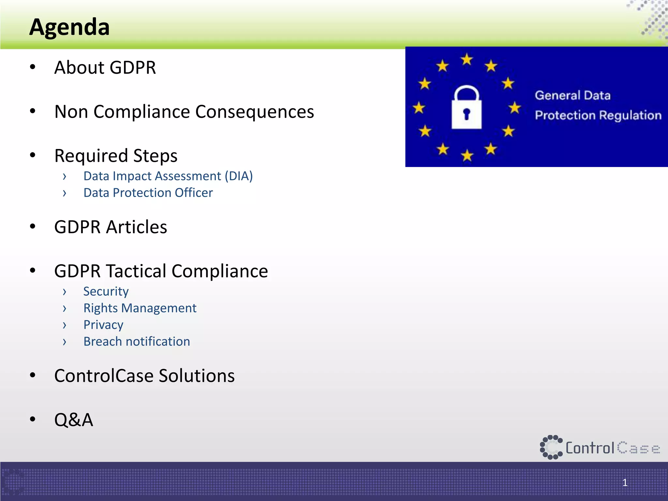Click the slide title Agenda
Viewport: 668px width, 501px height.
pyautogui.click(x=69, y=27)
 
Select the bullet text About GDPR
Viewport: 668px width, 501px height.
pyautogui.click(x=105, y=68)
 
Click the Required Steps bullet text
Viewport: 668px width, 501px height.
pyautogui.click(x=116, y=156)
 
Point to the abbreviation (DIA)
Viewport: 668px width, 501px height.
pyautogui.click(x=238, y=176)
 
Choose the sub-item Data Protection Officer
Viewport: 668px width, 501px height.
pyautogui.click(x=148, y=193)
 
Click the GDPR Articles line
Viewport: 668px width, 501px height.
pyautogui.click(x=111, y=227)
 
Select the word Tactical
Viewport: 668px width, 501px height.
pyautogui.click(x=136, y=271)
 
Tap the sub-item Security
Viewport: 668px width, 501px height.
pyautogui.click(x=106, y=291)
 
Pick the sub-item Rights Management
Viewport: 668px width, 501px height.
pyautogui.click(x=140, y=308)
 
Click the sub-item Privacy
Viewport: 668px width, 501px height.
pyautogui.click(x=103, y=325)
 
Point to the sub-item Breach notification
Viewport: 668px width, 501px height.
pyautogui.click(x=137, y=342)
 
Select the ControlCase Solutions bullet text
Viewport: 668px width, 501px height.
pyautogui.click(x=144, y=376)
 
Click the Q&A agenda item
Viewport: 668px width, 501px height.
pyautogui.click(x=74, y=420)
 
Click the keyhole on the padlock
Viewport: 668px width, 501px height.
pyautogui.click(x=466, y=114)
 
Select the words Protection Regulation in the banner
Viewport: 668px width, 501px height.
pyautogui.click(x=598, y=115)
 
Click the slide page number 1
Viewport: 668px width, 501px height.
pyautogui.click(x=625, y=482)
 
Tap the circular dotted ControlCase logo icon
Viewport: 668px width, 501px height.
pyautogui.click(x=551, y=447)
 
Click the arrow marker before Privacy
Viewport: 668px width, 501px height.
pyautogui.click(x=65, y=325)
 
